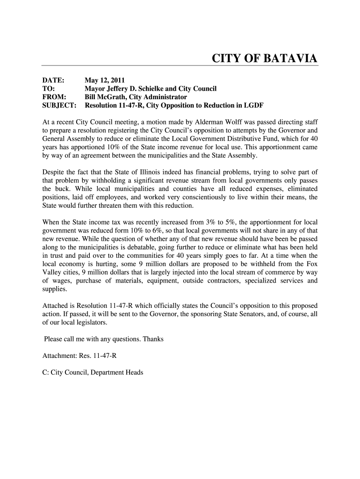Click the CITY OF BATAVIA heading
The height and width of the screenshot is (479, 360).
(x=265, y=58)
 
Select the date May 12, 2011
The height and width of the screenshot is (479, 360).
(x=105, y=80)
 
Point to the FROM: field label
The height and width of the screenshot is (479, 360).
(x=55, y=97)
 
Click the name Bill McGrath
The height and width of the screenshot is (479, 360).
(x=105, y=97)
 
